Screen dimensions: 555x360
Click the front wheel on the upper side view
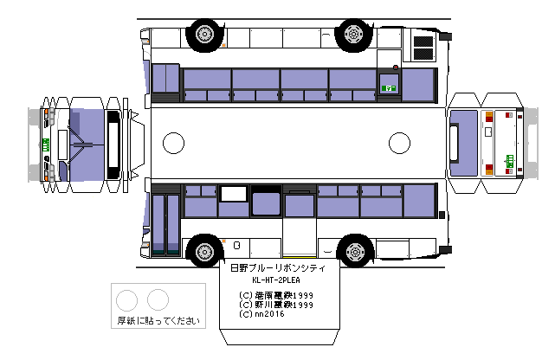click(204, 34)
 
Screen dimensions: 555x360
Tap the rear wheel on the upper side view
click(353, 34)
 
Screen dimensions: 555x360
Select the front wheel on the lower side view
click(204, 250)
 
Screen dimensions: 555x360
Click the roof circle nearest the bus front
click(174, 142)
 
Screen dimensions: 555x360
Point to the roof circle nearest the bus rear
click(399, 142)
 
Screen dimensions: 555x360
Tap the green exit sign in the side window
click(389, 87)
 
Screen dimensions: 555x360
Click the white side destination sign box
click(233, 194)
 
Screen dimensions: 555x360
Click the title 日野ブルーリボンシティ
click(277, 269)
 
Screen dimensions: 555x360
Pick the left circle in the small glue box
click(127, 300)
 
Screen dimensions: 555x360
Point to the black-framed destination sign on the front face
click(113, 142)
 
